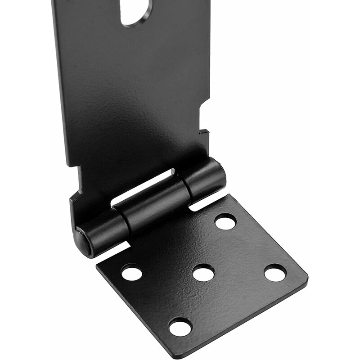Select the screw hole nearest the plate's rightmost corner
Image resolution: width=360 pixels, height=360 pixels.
[275, 273]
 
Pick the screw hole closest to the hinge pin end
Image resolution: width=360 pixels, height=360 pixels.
[132, 272]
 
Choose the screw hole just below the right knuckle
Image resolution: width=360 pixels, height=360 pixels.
[225, 221]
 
